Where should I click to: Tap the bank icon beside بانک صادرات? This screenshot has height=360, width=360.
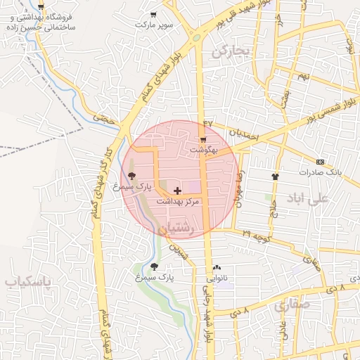click(x=321, y=162)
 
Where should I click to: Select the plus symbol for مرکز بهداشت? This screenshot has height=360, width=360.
click(x=177, y=191)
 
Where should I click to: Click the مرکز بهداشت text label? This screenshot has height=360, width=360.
click(x=177, y=201)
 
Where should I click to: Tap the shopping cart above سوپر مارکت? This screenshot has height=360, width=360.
click(x=153, y=15)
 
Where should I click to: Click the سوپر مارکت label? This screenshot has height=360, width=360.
click(x=153, y=25)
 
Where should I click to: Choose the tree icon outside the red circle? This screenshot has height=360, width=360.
click(x=154, y=266)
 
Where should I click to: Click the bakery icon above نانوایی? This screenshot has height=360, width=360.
click(x=217, y=268)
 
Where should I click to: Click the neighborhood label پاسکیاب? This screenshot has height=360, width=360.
click(x=29, y=283)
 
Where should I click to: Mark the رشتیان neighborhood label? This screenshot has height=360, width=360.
click(x=173, y=229)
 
